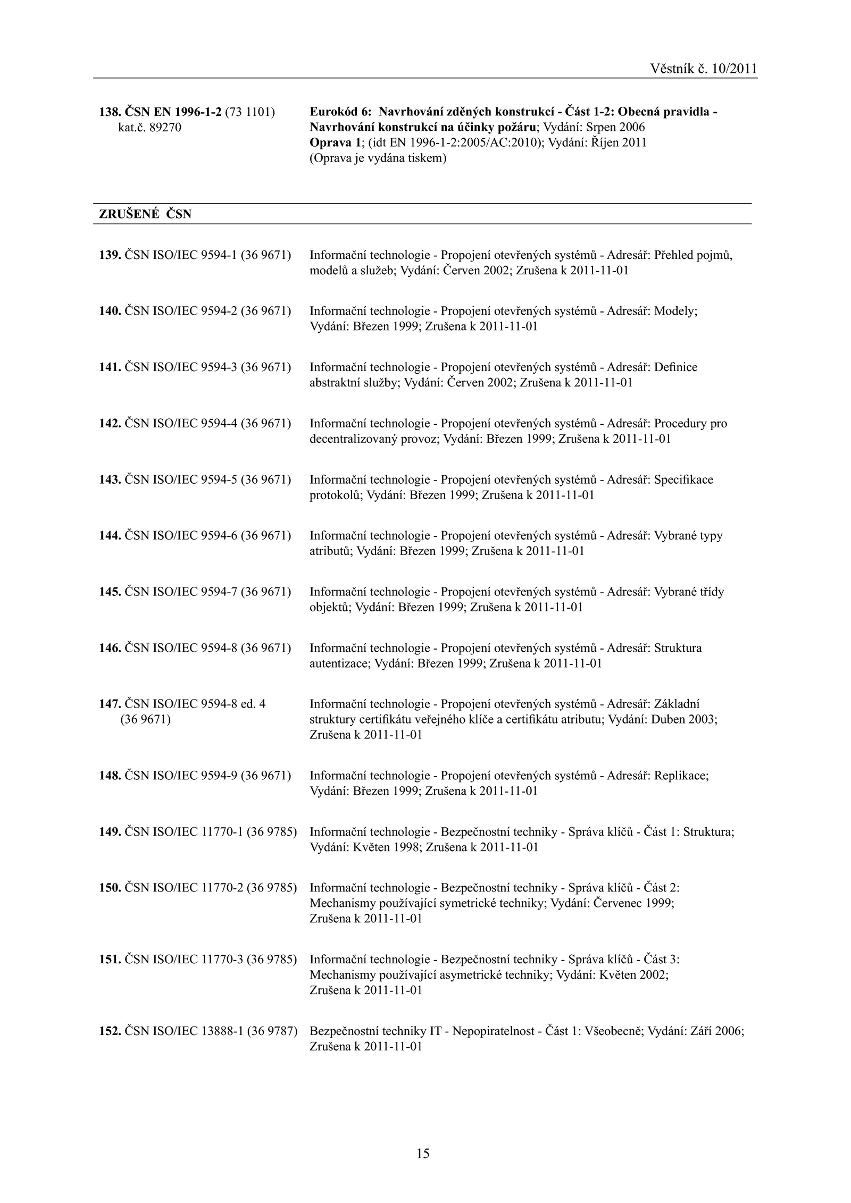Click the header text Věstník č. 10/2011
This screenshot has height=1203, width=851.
pos(703,69)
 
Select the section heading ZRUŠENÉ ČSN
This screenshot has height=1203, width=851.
pos(145,214)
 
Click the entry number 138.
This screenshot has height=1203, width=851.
pos(110,112)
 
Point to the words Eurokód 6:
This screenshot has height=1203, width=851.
pos(340,112)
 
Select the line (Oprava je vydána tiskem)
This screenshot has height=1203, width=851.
pos(378,158)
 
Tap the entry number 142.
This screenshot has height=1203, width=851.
pos(110,424)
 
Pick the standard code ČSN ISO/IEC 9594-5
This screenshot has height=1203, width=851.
pos(181,479)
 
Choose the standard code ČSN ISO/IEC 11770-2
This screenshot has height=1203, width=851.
pos(184,888)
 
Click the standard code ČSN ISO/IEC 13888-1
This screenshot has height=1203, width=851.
pos(184,1031)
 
